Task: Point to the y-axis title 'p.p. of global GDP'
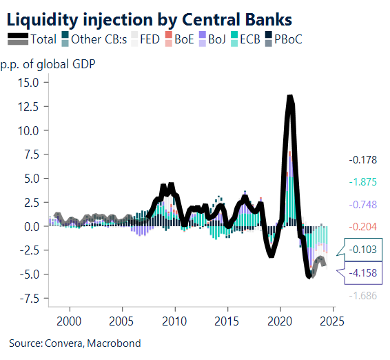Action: tap(48, 66)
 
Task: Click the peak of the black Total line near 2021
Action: tap(290, 98)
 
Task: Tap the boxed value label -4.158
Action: tap(362, 273)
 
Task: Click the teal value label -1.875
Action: tap(362, 182)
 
